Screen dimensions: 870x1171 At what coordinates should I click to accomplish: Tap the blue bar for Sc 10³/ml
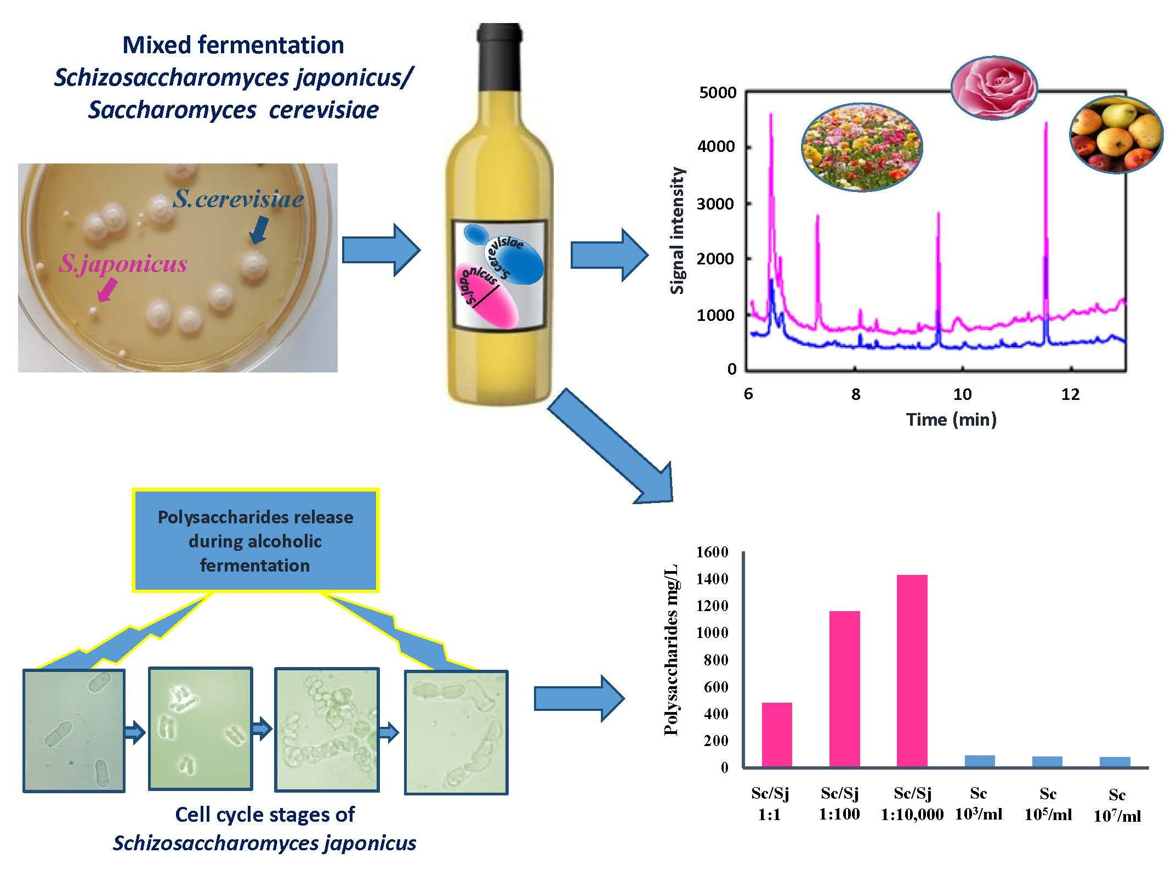tap(979, 761)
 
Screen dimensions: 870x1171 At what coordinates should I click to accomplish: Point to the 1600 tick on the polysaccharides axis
tap(712, 552)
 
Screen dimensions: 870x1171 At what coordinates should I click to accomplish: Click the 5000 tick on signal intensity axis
tap(718, 92)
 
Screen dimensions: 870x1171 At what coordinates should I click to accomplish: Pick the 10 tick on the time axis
tap(962, 394)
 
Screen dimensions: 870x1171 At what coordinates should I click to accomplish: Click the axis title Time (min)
tap(951, 420)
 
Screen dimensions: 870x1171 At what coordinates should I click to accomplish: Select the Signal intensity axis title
tap(678, 230)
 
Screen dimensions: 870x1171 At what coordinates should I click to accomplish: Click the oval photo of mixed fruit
tap(1116, 134)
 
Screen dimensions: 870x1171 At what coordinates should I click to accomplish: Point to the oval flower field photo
tap(862, 148)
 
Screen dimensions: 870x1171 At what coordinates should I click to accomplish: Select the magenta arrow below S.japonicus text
tap(107, 289)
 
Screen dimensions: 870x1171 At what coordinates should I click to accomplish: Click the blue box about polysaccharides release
tap(255, 540)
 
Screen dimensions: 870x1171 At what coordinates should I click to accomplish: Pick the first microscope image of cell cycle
tap(74, 730)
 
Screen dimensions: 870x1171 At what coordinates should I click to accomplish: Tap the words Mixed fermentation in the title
tap(233, 45)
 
